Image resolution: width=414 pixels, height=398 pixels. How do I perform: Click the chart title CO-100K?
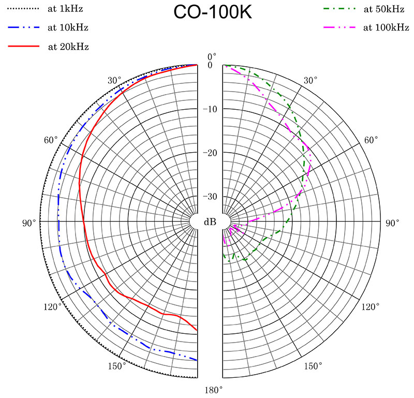click(x=213, y=12)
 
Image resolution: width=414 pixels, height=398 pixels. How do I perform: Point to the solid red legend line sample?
click(x=24, y=47)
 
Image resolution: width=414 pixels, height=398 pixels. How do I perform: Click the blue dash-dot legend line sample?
click(x=24, y=27)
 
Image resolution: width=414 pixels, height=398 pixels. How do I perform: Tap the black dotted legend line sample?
click(x=24, y=9)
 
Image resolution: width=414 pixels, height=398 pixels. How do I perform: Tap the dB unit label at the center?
click(x=210, y=222)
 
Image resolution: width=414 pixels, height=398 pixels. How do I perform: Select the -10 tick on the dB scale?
click(x=211, y=109)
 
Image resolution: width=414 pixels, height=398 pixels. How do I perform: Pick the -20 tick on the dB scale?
click(x=211, y=153)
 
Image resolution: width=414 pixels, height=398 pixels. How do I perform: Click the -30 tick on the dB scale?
click(x=211, y=197)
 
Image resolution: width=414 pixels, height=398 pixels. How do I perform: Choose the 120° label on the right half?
click(x=371, y=307)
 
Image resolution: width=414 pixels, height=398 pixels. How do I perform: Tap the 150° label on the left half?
click(x=117, y=366)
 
